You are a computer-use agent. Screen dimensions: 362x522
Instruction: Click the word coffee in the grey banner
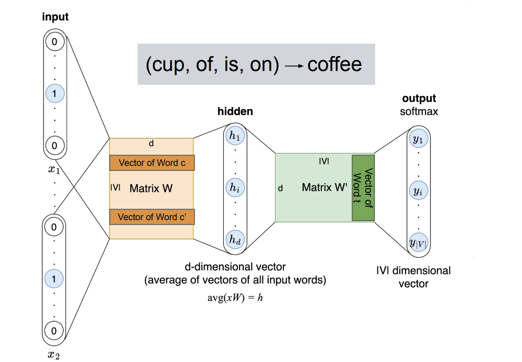pos(334,65)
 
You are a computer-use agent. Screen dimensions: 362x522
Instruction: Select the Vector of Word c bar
pos(152,163)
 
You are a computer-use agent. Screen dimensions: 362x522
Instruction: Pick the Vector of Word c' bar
pos(152,217)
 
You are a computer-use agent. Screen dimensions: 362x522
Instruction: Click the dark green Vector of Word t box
pos(363,188)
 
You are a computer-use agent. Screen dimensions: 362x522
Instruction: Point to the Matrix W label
pos(151,188)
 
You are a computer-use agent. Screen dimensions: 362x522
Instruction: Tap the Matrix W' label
pos(325,187)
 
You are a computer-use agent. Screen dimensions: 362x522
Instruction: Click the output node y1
pos(418,140)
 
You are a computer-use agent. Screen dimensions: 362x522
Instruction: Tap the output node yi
pos(418,191)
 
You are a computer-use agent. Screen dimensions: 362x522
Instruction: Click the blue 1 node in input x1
pos(55,94)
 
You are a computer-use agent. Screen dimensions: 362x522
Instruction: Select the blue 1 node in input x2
pos(54,278)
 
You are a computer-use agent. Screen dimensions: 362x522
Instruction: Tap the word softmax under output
pos(419,112)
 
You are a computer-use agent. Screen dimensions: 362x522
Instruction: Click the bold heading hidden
pos(235,111)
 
